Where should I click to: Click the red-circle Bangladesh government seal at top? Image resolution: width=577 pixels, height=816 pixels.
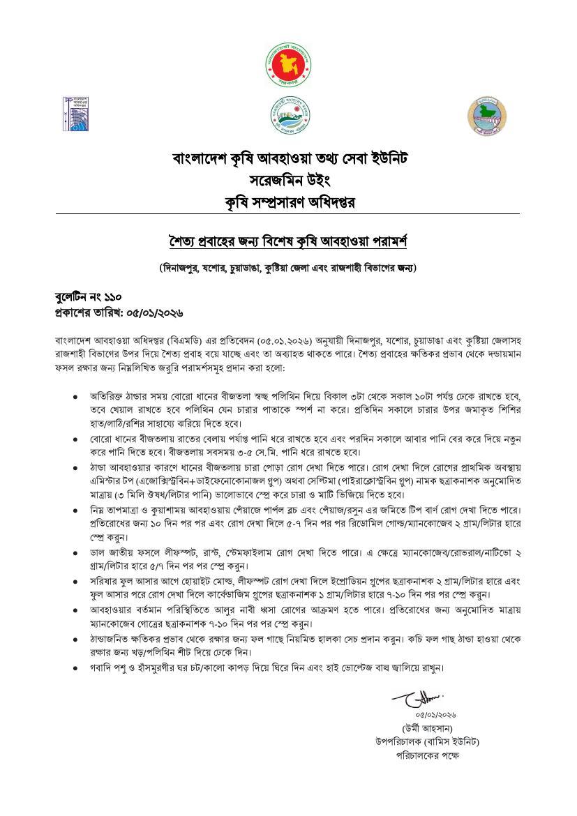tap(289, 63)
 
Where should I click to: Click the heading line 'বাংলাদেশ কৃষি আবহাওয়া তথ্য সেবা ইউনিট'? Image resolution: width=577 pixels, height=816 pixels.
tap(289, 158)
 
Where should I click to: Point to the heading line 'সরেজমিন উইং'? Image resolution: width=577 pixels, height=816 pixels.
tap(289, 181)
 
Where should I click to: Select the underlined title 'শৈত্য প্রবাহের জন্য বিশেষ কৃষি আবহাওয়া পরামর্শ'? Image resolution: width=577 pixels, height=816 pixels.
tap(288, 242)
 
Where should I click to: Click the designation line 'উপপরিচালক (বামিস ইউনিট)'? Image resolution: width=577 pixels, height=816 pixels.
tap(427, 741)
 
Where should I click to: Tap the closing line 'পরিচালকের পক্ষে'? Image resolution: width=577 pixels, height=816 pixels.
tap(428, 755)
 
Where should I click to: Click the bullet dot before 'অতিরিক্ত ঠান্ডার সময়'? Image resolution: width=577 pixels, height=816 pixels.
tap(75, 396)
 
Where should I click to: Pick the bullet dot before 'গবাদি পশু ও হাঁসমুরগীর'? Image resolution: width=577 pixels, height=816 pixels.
tap(75, 667)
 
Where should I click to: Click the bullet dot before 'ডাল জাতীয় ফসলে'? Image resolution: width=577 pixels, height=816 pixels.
tap(75, 553)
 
